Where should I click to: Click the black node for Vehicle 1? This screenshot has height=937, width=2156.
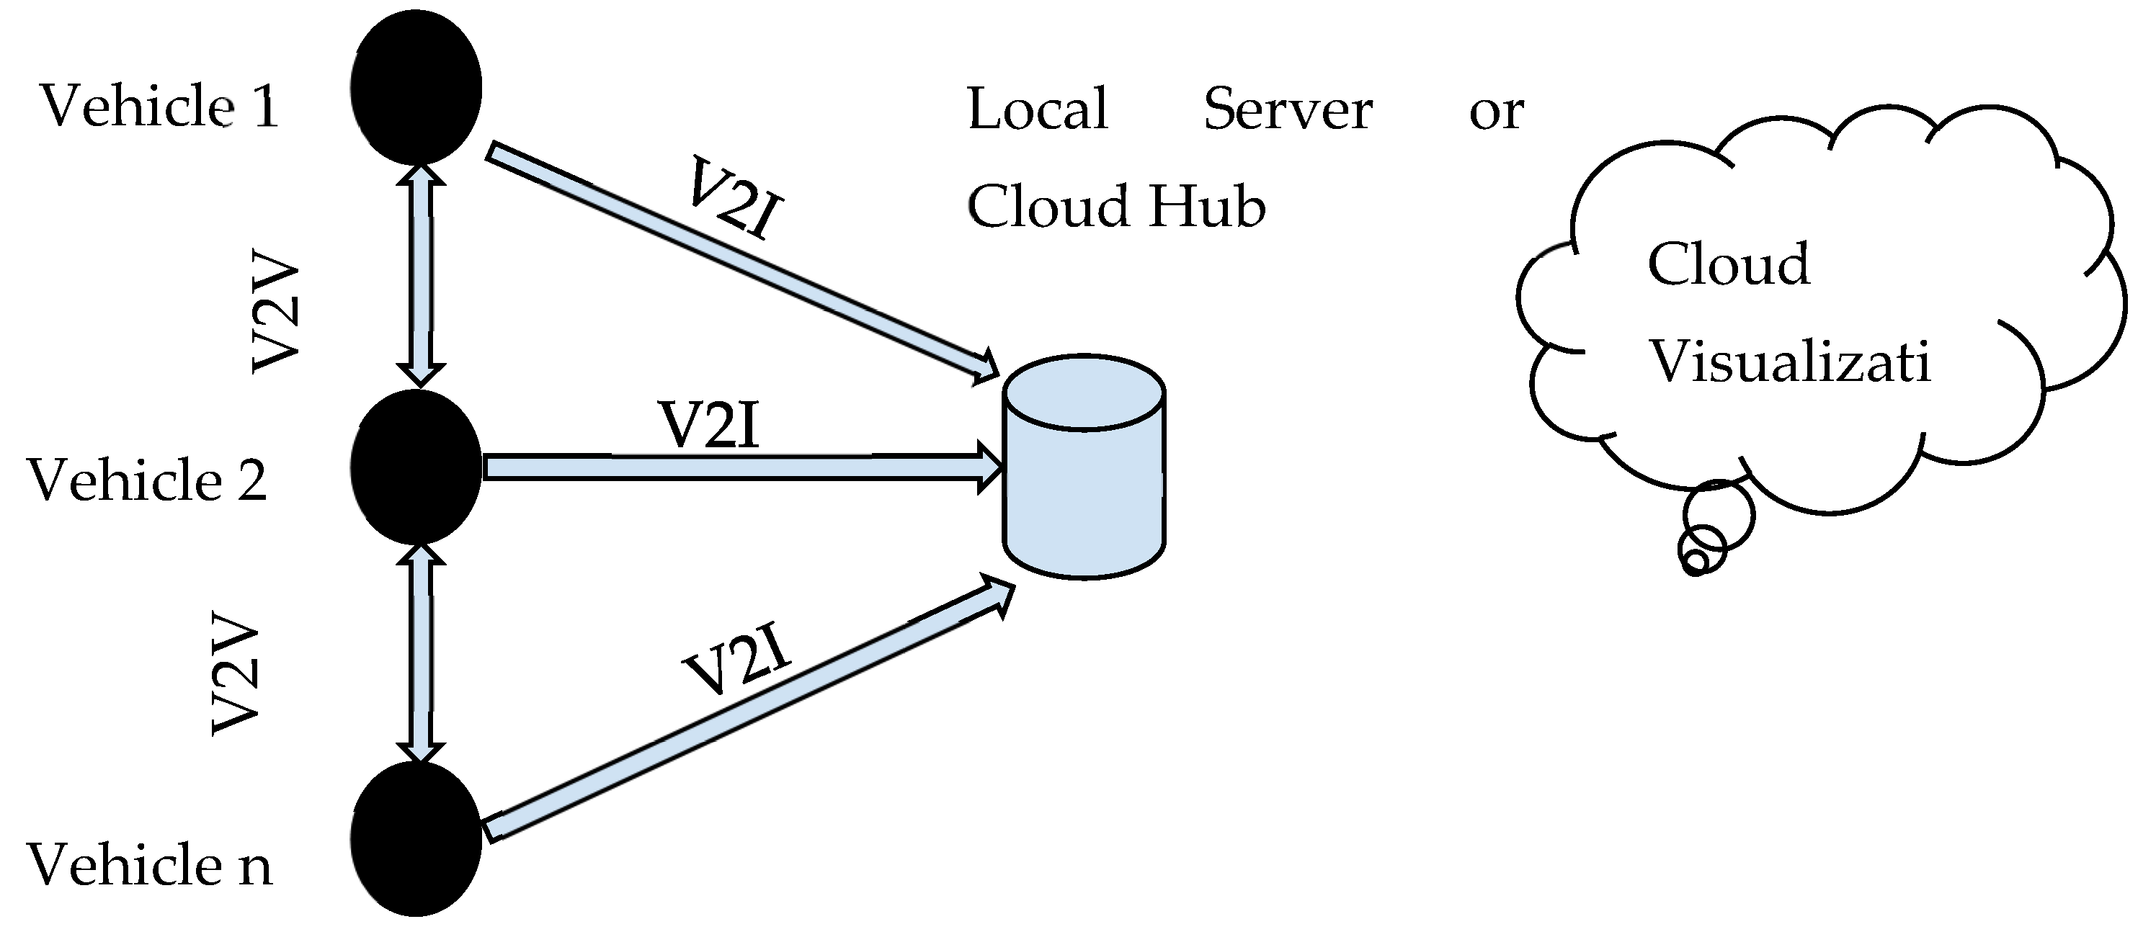pos(416,88)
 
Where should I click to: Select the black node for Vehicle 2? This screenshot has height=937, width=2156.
pos(416,467)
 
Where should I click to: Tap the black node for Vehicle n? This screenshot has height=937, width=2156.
pos(416,839)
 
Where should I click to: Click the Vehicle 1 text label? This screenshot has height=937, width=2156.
pos(159,108)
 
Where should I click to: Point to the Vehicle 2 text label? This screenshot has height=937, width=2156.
pos(147,481)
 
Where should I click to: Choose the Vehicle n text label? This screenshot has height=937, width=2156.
pos(149,864)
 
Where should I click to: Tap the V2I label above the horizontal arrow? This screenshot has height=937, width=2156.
pos(710,426)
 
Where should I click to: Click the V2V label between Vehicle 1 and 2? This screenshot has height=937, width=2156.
pos(276,314)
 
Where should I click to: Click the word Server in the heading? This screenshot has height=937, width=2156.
pos(1287,109)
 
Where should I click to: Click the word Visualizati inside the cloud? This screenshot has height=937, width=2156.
pos(1789,362)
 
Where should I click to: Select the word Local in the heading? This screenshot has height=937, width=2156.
pos(1038,109)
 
